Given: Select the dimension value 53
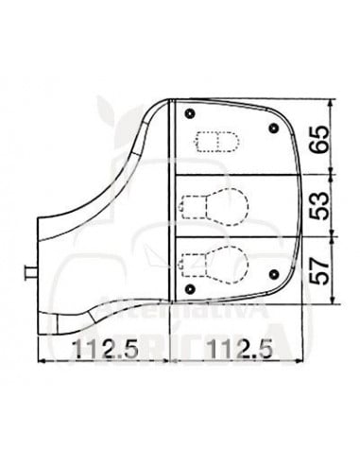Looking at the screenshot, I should point(323,204).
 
